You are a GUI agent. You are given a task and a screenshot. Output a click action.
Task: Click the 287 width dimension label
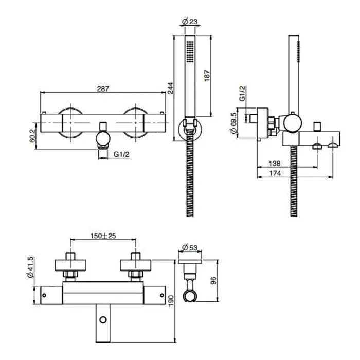click(x=103, y=88)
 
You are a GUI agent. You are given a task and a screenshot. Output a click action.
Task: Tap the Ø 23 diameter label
click(x=190, y=22)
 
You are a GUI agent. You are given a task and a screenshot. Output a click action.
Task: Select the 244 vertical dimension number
click(x=170, y=88)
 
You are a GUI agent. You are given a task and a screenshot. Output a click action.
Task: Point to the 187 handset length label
click(x=207, y=76)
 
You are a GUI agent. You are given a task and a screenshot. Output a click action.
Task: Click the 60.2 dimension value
click(x=32, y=136)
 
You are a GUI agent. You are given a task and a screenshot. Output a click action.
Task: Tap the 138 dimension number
click(x=275, y=164)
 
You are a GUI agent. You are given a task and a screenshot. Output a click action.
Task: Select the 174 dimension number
click(x=275, y=173)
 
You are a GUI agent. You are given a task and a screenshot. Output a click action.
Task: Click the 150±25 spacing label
click(x=103, y=236)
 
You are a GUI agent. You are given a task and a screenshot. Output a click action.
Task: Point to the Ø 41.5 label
click(x=30, y=267)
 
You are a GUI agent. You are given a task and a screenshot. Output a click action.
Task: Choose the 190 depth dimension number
click(x=171, y=301)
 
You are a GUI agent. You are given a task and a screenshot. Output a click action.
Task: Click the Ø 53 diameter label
click(x=190, y=247)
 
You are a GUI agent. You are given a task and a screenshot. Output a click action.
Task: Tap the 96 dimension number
click(x=213, y=281)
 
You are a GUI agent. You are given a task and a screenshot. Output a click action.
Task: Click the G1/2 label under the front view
click(x=121, y=154)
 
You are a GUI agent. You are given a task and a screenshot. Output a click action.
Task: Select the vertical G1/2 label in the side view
click(x=242, y=94)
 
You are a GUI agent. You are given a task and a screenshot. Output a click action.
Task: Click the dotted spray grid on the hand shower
click(x=190, y=51)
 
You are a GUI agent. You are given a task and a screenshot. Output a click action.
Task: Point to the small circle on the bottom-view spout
click(x=103, y=319)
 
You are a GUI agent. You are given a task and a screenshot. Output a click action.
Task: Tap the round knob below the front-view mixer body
click(x=103, y=138)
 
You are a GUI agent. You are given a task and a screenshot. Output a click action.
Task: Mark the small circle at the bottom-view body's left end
click(x=44, y=295)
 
